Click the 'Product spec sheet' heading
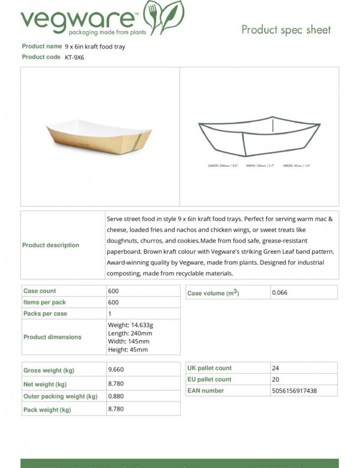pos(286,30)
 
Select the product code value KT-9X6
pos(75,57)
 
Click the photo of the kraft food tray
pos(99,136)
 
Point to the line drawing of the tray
pos(259,136)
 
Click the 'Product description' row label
pos(51,245)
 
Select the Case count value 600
pos(113,291)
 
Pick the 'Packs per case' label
pos(45,314)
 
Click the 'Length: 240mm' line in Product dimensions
pos(130,333)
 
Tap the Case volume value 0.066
pos(280,293)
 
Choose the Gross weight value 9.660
pos(116,369)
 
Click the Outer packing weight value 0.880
pos(116,396)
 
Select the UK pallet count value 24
pos(275,368)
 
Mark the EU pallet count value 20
pos(275,379)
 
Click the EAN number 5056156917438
pos(294,391)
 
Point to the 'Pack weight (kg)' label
pos(47,410)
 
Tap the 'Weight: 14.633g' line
pos(130,325)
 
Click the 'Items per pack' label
pos(44,302)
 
